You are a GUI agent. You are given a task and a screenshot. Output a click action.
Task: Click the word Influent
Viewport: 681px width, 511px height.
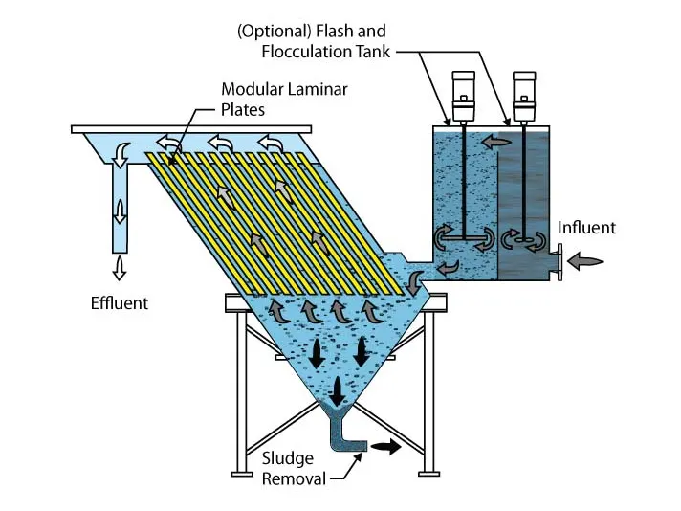click(x=586, y=228)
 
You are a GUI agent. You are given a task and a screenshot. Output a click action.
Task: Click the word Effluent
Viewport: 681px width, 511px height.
click(x=121, y=303)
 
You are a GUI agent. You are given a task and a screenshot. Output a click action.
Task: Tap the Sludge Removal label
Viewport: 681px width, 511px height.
click(x=291, y=468)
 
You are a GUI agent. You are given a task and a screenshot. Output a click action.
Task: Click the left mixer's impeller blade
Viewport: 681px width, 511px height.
click(x=462, y=239)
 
